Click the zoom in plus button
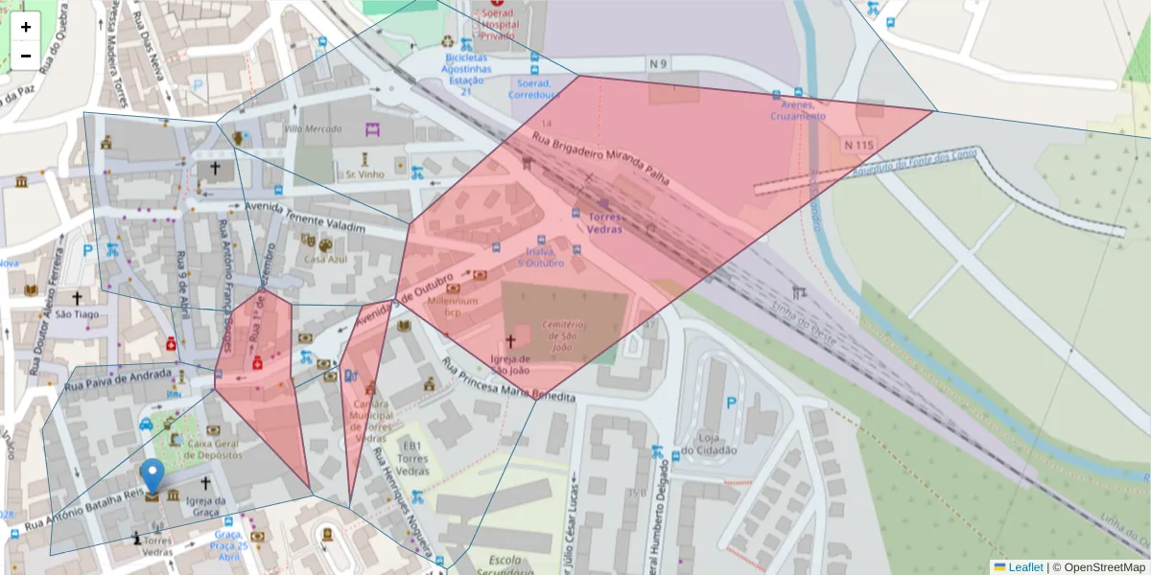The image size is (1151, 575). click(x=26, y=27)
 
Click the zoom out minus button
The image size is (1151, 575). click(x=26, y=56)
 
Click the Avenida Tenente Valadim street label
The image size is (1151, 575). click(x=305, y=218)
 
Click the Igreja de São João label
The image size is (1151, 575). click(x=510, y=365)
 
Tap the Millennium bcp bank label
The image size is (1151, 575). click(x=454, y=307)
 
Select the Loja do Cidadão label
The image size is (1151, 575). click(x=709, y=445)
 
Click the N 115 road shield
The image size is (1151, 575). click(x=859, y=144)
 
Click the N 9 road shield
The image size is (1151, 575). click(x=658, y=64)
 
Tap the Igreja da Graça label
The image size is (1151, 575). click(x=206, y=506)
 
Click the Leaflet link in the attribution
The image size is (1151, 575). click(x=1025, y=567)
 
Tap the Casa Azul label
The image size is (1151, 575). click(x=325, y=259)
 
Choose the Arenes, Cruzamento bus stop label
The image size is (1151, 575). click(x=797, y=110)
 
